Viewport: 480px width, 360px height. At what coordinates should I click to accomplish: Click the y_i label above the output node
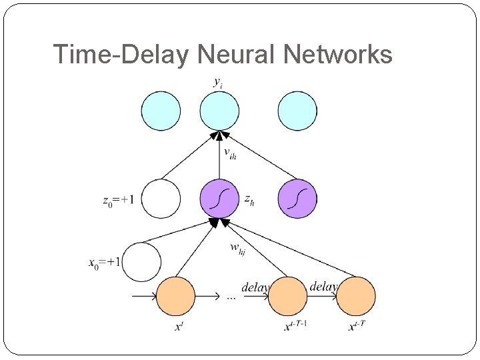tap(218, 83)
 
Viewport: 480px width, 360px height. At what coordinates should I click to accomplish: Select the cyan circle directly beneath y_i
tap(219, 111)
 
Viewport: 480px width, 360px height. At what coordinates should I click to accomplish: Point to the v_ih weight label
tap(230, 155)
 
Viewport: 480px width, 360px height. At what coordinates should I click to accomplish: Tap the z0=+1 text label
tap(119, 199)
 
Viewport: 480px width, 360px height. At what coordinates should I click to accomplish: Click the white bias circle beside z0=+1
tap(161, 199)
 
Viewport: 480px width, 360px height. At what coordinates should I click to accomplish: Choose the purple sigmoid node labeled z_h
tap(219, 199)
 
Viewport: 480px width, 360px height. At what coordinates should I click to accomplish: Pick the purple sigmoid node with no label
tap(297, 199)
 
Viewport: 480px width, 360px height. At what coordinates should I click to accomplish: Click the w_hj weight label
tap(238, 249)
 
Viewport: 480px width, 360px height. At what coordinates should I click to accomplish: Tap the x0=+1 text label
tap(104, 262)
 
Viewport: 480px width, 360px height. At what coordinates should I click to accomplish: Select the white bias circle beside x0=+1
tap(141, 261)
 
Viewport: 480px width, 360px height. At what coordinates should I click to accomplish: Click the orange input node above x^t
tap(175, 296)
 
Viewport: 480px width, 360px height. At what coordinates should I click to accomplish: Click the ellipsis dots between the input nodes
tap(231, 297)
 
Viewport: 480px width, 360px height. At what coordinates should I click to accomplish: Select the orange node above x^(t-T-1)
tap(287, 296)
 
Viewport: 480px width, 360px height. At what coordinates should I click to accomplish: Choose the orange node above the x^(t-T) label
tap(355, 296)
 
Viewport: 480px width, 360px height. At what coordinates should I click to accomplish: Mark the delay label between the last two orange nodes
tap(323, 286)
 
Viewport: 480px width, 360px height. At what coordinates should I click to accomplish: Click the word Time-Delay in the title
tap(121, 55)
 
